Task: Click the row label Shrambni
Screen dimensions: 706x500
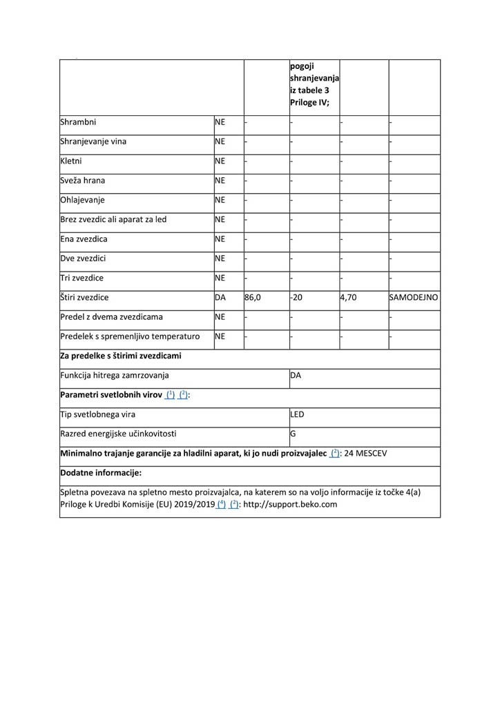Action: (x=78, y=123)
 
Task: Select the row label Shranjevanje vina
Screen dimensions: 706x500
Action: (x=93, y=142)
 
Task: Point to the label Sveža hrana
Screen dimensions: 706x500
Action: (x=83, y=181)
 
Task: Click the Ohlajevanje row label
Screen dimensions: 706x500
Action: (x=82, y=200)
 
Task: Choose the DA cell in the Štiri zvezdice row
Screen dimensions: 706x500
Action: (x=220, y=298)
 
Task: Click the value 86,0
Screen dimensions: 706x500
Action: (x=253, y=298)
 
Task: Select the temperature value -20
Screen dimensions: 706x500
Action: (x=297, y=298)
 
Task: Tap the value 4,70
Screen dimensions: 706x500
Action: (x=348, y=298)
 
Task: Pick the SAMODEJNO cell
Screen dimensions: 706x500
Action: (x=414, y=298)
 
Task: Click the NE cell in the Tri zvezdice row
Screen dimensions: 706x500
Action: (x=220, y=278)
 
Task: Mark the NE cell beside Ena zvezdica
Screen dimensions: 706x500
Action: (x=220, y=239)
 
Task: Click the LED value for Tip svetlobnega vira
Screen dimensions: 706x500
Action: (x=298, y=414)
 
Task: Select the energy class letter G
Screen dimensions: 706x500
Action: (x=294, y=434)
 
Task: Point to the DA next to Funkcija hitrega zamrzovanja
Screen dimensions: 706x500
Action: (x=296, y=376)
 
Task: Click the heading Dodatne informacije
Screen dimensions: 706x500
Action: (x=101, y=473)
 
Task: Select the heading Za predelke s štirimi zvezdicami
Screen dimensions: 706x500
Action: (x=121, y=356)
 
